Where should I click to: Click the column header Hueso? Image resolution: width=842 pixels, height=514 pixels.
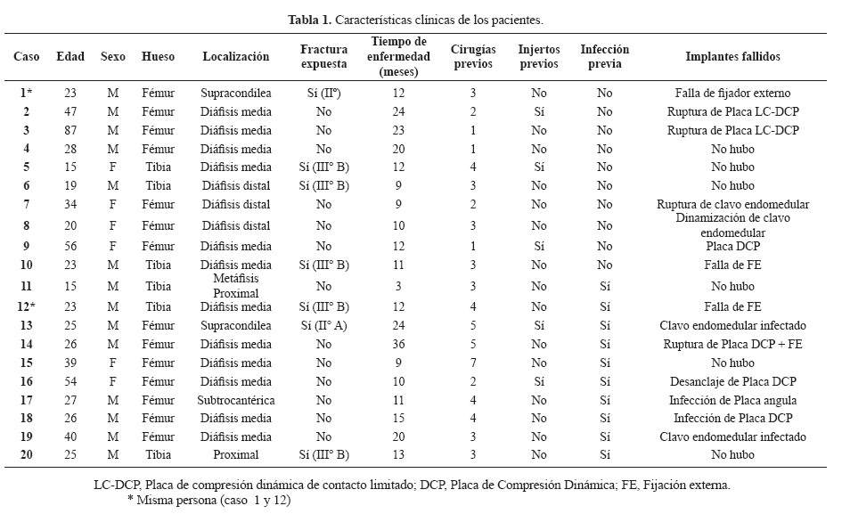(158, 56)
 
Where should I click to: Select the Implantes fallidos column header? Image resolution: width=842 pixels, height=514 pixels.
(732, 56)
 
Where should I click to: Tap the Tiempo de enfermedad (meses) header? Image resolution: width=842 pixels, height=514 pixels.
(398, 56)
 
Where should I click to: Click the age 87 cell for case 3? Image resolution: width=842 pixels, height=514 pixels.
(70, 131)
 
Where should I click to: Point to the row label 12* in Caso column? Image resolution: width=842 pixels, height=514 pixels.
(27, 306)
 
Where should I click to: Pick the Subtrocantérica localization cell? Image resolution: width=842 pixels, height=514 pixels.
(236, 400)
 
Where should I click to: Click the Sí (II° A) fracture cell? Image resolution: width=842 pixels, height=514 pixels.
(323, 325)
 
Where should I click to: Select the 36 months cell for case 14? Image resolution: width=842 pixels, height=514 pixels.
(398, 344)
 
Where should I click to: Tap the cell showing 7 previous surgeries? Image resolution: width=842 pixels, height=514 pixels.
(473, 363)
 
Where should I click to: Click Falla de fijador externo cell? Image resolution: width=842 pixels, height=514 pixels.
(732, 93)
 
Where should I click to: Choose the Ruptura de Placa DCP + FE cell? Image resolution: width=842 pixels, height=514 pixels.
(732, 344)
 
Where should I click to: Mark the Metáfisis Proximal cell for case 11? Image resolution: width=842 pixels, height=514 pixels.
(236, 286)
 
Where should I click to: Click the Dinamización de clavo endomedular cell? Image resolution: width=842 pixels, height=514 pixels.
(732, 225)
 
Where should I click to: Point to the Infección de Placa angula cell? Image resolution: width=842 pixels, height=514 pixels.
(732, 400)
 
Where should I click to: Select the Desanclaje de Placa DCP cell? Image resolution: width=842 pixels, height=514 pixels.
(732, 381)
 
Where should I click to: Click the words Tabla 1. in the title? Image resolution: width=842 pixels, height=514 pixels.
(310, 20)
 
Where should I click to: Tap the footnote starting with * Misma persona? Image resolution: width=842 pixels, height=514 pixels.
(208, 500)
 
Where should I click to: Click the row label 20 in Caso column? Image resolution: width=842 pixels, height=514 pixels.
(27, 455)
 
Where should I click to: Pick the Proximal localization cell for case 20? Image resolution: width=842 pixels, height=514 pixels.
(236, 455)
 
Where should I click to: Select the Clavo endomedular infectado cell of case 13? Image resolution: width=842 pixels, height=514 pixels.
(732, 325)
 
